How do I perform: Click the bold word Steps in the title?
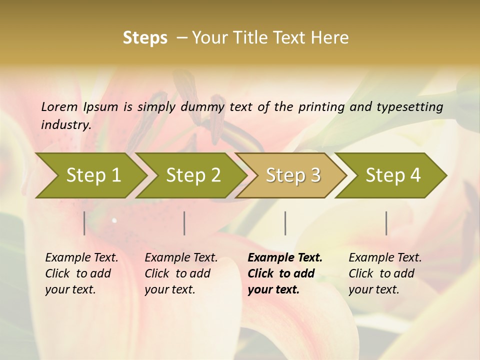(145, 37)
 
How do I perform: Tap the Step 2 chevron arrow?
(192, 175)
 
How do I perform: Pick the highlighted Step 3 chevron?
(292, 175)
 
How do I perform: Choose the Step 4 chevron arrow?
(392, 175)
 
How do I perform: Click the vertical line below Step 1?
(84, 223)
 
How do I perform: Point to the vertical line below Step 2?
(184, 223)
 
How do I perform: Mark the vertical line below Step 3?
(285, 223)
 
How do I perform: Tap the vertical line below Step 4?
(386, 223)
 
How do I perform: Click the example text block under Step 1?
(81, 273)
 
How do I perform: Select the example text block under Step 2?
(181, 273)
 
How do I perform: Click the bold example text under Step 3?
(285, 273)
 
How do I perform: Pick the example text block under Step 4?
(385, 273)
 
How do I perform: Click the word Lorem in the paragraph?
(59, 106)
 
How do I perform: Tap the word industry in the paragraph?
(65, 124)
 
